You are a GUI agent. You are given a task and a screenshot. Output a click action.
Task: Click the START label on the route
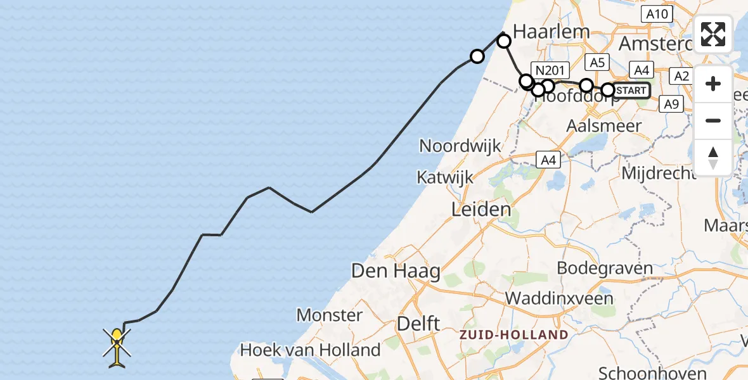click(x=631, y=91)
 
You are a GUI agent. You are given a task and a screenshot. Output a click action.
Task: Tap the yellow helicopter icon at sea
click(x=118, y=346)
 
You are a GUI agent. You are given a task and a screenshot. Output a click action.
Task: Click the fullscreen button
click(x=713, y=34)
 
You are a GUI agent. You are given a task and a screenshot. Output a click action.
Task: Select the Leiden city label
click(x=480, y=209)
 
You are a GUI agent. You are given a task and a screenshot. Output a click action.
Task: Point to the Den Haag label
click(x=396, y=272)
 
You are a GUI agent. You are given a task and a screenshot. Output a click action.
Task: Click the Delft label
click(x=418, y=324)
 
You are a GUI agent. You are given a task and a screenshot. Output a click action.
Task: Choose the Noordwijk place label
click(x=460, y=146)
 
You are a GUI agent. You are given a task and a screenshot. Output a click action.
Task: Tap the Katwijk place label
click(x=445, y=177)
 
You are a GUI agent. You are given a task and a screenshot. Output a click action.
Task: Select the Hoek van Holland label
click(x=310, y=350)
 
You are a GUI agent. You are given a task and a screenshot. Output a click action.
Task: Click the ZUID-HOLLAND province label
click(x=514, y=334)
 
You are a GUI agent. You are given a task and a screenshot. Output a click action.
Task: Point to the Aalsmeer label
click(x=605, y=125)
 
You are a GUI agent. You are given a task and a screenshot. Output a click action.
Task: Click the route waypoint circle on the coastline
click(x=477, y=57)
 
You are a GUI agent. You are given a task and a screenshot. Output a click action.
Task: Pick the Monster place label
click(x=330, y=315)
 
